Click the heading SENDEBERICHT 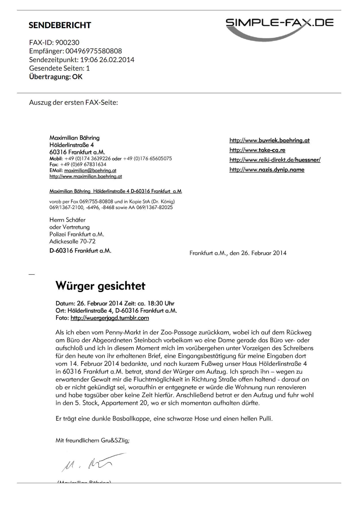click(x=60, y=25)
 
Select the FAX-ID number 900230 click(x=67, y=42)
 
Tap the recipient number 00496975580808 click(x=94, y=51)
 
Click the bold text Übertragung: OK click(x=56, y=77)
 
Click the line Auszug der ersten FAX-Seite click(x=73, y=102)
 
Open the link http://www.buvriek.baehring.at click(x=269, y=140)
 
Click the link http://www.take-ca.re click(x=257, y=150)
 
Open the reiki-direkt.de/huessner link click(x=275, y=160)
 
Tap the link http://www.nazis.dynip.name click(x=267, y=170)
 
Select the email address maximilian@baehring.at click(x=90, y=170)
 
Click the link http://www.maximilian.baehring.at click(x=85, y=177)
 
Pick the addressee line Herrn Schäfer click(x=67, y=220)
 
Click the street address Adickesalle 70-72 click(x=72, y=241)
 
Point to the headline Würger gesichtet click(x=100, y=286)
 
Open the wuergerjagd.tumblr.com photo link click(x=109, y=318)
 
